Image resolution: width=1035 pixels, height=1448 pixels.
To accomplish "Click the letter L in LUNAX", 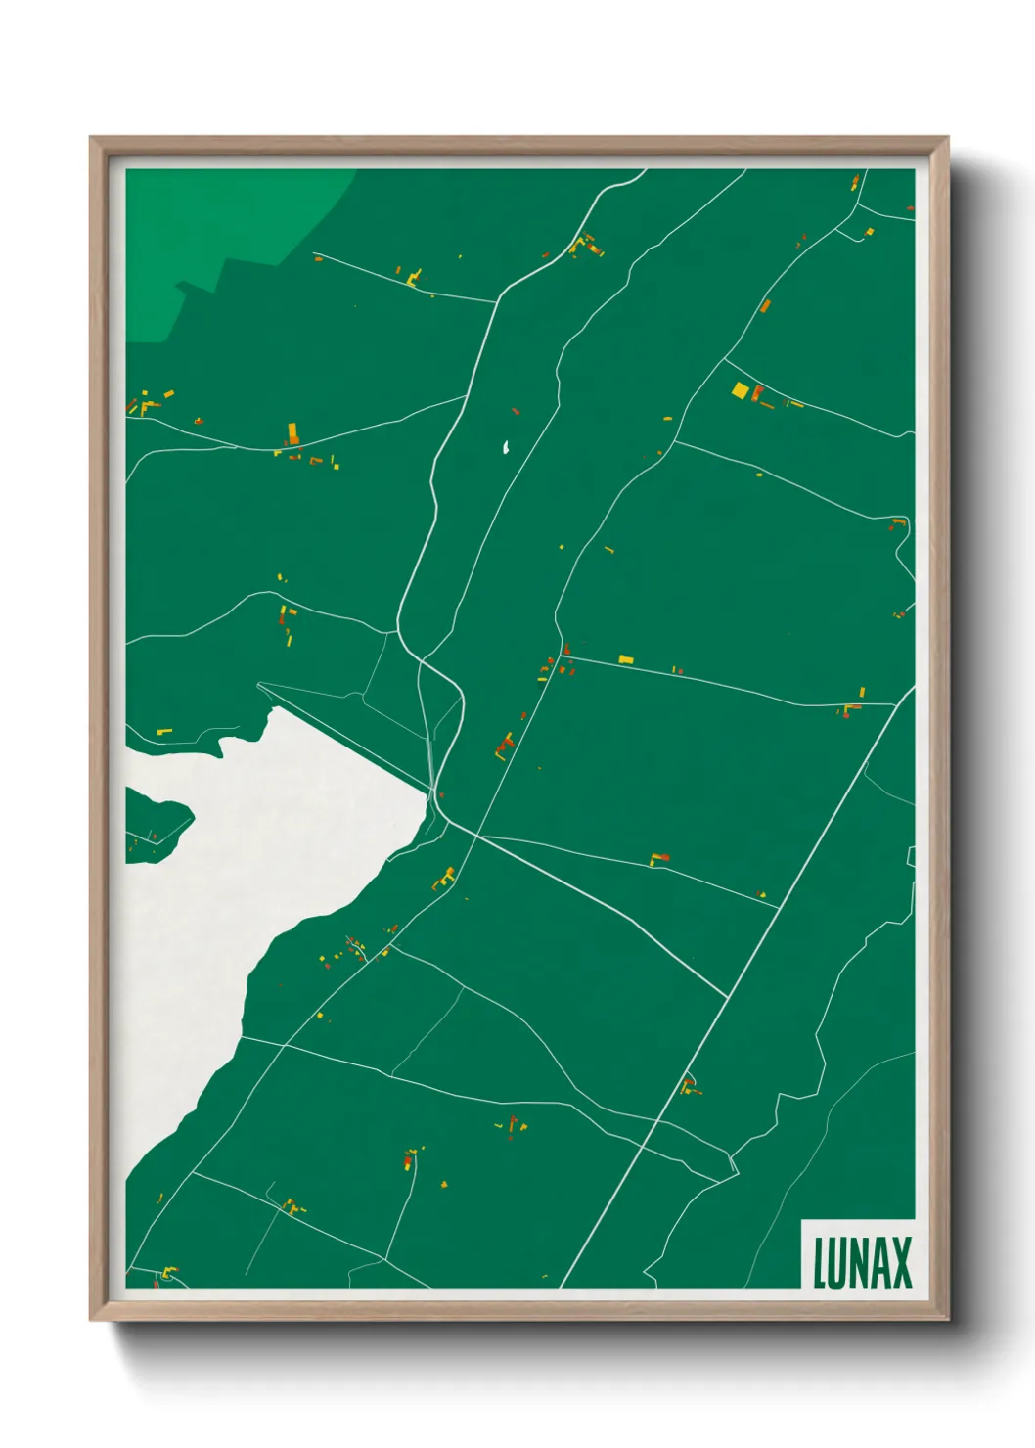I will coord(820,1263).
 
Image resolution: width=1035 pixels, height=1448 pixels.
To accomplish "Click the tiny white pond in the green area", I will coord(506,448).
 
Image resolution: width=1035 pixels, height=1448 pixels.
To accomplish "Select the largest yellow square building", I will coord(740,390).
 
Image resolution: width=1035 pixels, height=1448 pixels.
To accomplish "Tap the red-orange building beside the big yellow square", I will coord(756,393).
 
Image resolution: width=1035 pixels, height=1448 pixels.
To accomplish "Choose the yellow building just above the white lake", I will coord(164,731).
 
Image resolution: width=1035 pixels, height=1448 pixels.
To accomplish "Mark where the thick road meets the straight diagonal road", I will coord(728,998).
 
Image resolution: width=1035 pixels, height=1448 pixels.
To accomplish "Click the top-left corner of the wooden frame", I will coord(91,138).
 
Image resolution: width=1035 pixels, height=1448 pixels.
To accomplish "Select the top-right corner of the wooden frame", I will coord(947,138).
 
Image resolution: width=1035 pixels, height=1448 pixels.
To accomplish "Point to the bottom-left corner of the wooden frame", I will coord(91,1320).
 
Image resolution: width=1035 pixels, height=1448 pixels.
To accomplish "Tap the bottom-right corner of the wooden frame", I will coord(947,1320).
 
